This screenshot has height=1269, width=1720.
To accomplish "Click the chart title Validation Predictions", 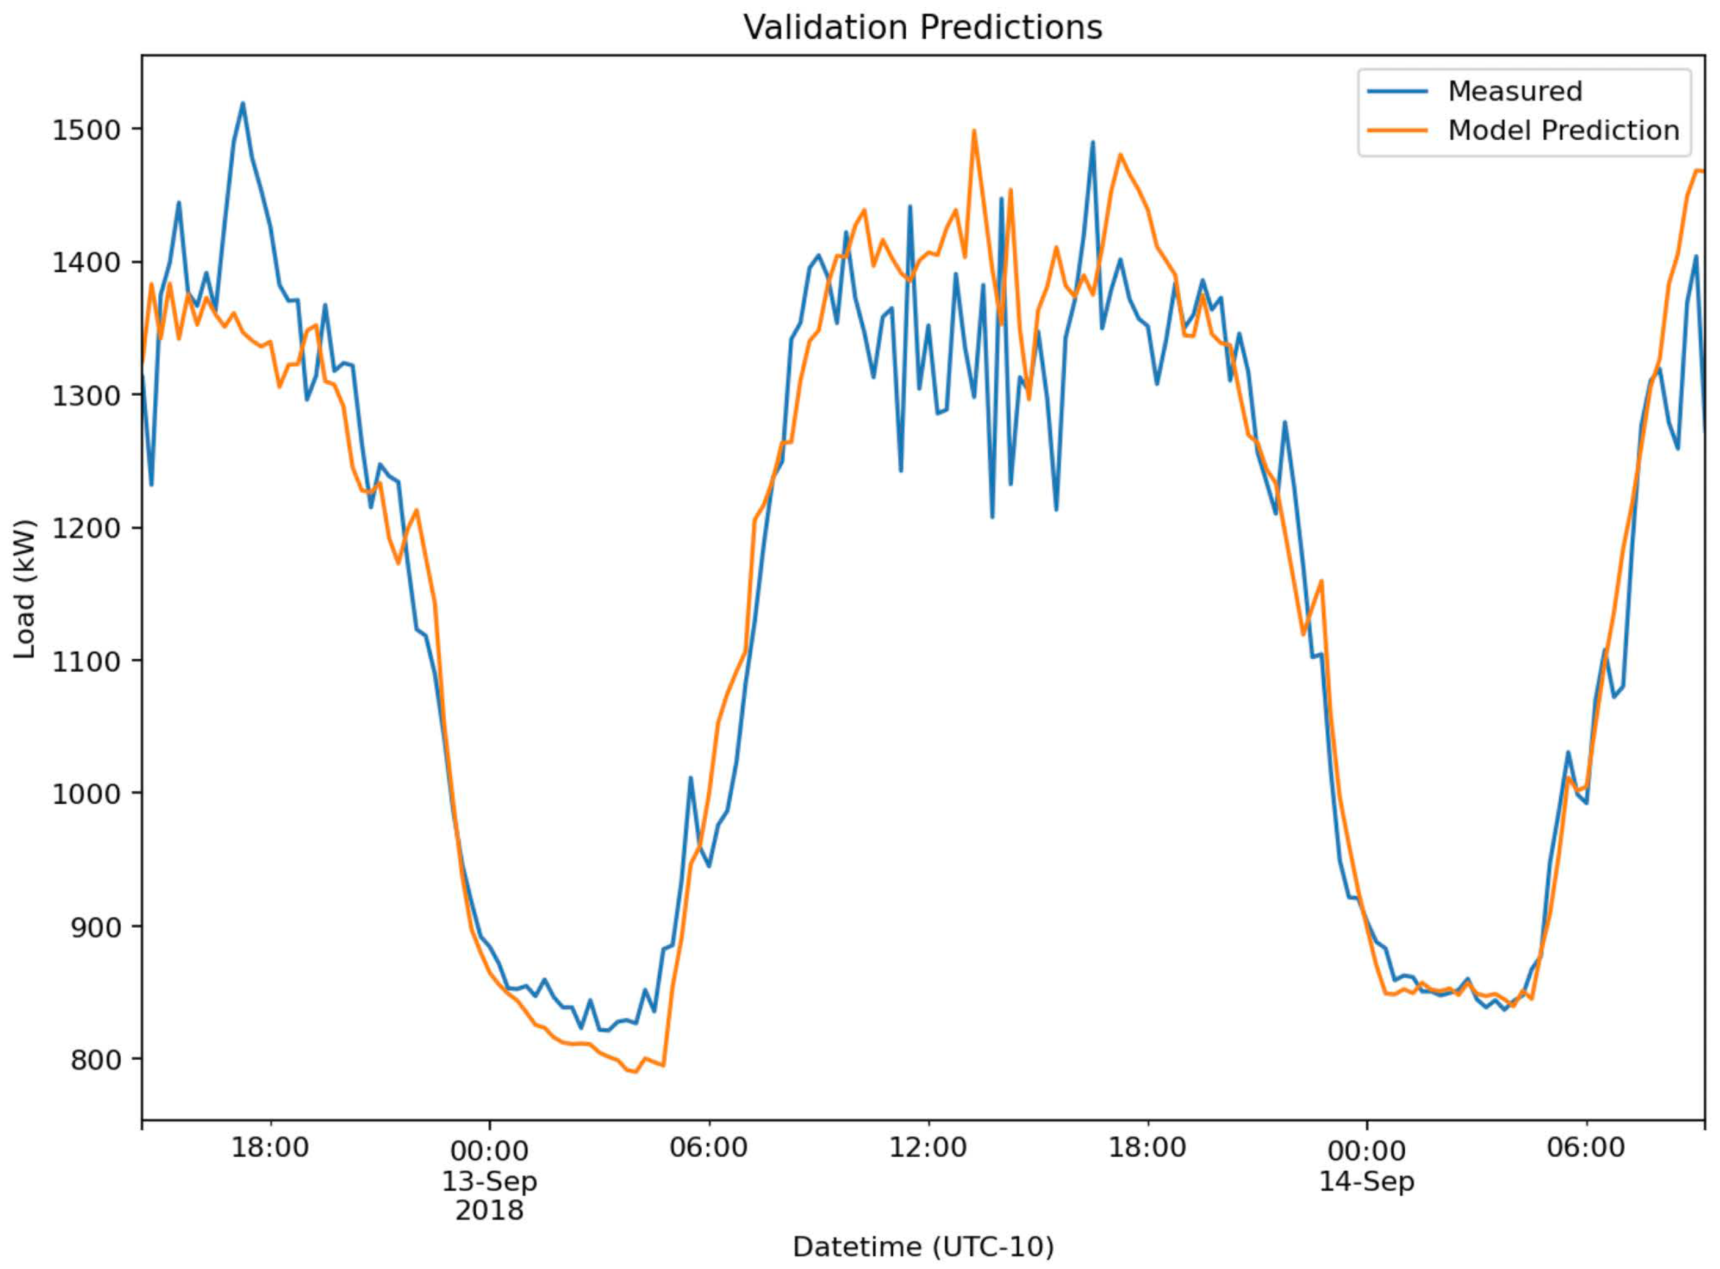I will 923,28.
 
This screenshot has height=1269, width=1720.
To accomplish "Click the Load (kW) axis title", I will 26,590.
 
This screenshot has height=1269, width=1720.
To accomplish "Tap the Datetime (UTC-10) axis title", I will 923,1247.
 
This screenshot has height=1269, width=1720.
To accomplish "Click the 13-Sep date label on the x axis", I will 489,1180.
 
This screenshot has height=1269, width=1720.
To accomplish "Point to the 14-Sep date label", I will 1367,1180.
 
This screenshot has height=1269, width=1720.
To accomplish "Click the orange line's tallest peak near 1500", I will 974,130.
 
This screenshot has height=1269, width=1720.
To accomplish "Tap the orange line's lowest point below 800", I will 634,1072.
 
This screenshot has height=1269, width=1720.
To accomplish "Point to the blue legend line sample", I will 1397,91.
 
